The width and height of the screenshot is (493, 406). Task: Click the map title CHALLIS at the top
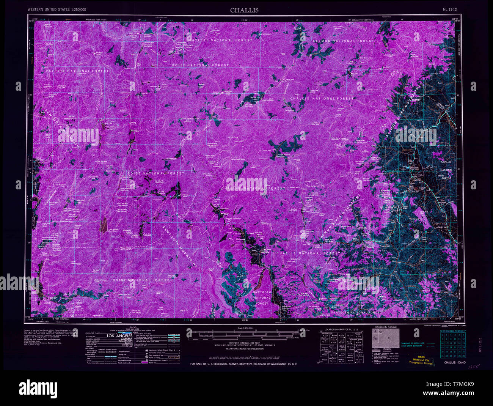click(244, 10)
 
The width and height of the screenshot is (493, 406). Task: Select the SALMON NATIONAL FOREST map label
click(343, 41)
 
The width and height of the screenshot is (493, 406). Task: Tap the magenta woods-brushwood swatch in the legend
click(144, 363)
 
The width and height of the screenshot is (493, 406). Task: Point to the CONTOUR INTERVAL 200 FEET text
click(244, 342)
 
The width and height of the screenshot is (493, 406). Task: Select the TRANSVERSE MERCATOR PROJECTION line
click(244, 349)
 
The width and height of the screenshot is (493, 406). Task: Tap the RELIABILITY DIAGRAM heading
click(386, 327)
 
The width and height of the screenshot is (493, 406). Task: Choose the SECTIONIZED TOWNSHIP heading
click(453, 331)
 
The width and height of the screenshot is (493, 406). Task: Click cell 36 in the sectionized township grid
click(463, 356)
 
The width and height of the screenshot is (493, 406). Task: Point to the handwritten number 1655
click(473, 367)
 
